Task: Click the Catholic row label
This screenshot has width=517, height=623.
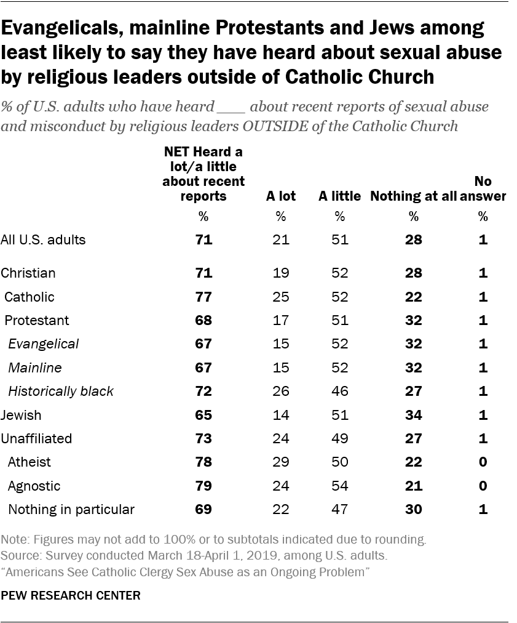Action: [x=30, y=297]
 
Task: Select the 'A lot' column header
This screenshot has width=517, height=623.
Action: [x=280, y=196]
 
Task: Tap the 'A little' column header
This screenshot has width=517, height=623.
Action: [x=339, y=196]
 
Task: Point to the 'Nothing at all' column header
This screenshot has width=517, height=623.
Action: [x=414, y=196]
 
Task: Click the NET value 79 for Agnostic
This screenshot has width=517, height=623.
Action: [x=203, y=486]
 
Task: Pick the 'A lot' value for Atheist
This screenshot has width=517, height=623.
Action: [x=280, y=462]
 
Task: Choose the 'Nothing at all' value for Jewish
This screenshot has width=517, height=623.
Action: [x=414, y=415]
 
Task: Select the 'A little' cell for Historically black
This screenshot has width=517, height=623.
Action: [x=339, y=391]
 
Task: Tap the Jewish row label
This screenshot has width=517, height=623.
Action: [x=22, y=415]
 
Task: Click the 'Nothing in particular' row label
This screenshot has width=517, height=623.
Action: [x=71, y=509]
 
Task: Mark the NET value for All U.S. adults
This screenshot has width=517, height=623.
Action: [x=203, y=239]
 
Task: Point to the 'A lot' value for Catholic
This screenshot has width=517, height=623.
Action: [x=280, y=297]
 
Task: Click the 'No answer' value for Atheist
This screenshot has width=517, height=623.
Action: [x=483, y=462]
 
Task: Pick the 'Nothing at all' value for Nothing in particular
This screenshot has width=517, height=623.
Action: [x=414, y=509]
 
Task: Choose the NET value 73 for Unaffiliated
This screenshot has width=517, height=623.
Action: [x=203, y=438]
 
